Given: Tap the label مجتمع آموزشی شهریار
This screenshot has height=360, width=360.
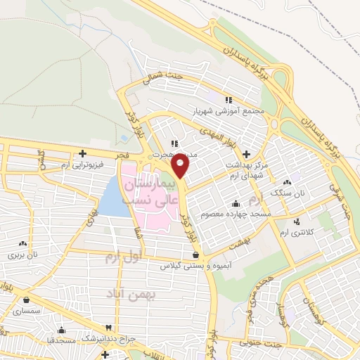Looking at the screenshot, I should (229, 111).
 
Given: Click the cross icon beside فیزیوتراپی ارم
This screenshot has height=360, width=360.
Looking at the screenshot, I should (83, 153).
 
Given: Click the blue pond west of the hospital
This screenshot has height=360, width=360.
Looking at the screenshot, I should (111, 197).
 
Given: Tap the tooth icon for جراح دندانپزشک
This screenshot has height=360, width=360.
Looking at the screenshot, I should (108, 328).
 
